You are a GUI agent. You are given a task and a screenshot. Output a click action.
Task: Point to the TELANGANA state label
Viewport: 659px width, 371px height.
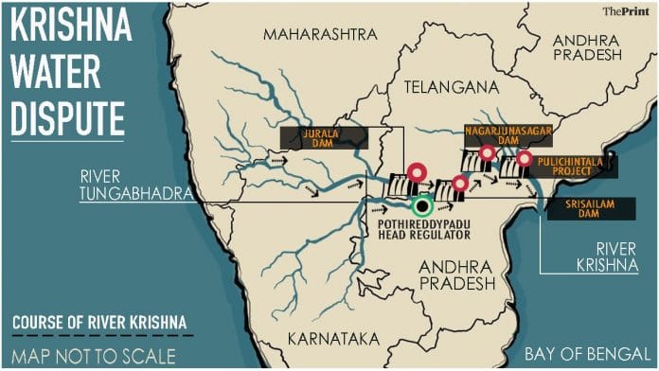pyautogui.click(x=450, y=86)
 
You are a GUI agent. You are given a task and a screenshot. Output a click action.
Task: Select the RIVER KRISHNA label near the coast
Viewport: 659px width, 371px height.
pyautogui.click(x=607, y=257)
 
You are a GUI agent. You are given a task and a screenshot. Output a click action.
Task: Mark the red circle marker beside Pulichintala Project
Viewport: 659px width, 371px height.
pyautogui.click(x=524, y=160)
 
